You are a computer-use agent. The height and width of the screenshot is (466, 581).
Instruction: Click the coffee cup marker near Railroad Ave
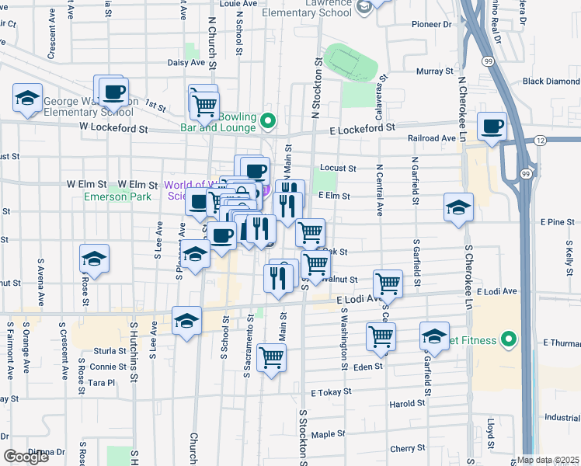492,127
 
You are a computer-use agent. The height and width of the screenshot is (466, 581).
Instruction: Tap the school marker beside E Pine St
457,207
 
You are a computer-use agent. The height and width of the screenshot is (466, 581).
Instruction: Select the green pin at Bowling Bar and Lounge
268,120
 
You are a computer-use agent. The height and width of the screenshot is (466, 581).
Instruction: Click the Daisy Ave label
186,62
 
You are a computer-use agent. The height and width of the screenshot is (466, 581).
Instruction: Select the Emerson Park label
117,196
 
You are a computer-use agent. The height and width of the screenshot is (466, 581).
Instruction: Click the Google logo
26,456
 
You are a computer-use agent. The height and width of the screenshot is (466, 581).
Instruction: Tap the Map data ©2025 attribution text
548,459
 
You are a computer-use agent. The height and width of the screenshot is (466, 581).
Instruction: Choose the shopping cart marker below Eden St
271,357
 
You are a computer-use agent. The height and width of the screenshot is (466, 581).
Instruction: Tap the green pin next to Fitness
509,339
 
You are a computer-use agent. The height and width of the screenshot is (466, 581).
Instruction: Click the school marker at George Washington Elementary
27,99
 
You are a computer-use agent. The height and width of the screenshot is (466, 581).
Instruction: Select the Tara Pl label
102,383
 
